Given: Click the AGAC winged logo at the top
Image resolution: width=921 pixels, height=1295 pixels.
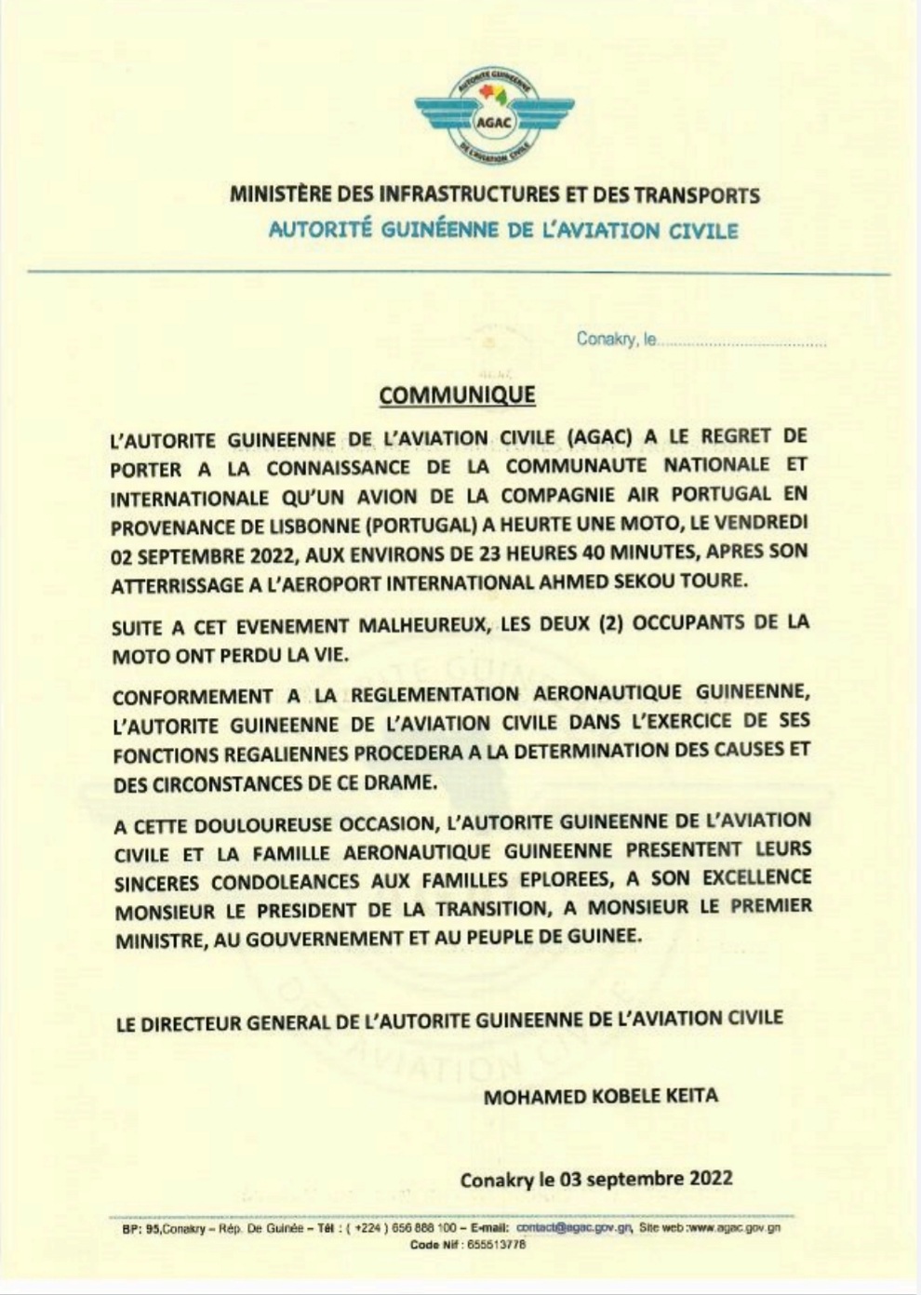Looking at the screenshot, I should (x=494, y=117).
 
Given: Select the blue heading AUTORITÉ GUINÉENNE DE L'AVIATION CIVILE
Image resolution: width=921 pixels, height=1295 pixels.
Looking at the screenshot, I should (x=503, y=230).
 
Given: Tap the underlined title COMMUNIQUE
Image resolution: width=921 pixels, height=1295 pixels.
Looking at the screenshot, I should (x=457, y=395).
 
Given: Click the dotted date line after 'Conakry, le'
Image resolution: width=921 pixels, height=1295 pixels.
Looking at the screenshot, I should (x=742, y=342).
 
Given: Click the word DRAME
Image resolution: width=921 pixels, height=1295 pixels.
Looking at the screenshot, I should (x=403, y=782).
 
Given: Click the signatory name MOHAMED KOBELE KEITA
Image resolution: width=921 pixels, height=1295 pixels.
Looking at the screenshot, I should (x=600, y=1096).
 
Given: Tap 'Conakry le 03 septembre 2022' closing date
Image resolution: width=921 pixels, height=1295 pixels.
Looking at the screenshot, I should (x=595, y=1179).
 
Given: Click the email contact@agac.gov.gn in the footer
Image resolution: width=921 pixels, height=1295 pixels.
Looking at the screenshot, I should (x=573, y=1228).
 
